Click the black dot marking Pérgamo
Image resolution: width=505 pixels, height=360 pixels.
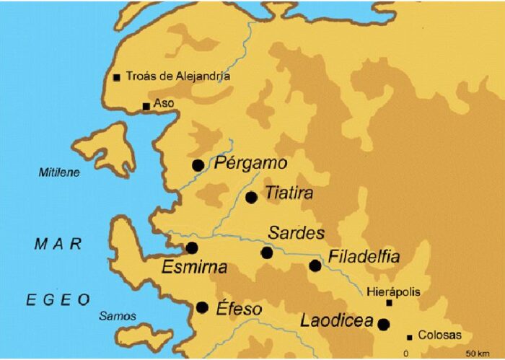coord(198,165)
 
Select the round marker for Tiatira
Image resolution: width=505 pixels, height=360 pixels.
coord(251,197)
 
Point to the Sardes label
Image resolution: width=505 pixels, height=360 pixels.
coord(296,234)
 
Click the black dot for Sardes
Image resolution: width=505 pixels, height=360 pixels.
coord(267,253)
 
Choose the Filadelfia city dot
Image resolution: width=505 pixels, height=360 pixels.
coord(315,265)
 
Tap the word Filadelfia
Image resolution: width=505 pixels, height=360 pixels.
coord(364,258)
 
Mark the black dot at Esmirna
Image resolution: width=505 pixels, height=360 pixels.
coord(192,248)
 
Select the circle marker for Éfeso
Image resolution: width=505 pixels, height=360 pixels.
coord(203,307)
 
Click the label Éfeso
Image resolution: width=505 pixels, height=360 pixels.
coord(239,309)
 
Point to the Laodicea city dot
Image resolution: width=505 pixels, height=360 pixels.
coord(384,324)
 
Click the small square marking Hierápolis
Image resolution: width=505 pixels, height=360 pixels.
coord(390,303)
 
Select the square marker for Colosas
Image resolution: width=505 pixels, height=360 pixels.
coord(410,337)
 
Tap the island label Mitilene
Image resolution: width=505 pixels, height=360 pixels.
coord(59,172)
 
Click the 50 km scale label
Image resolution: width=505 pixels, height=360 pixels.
coord(478,354)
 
